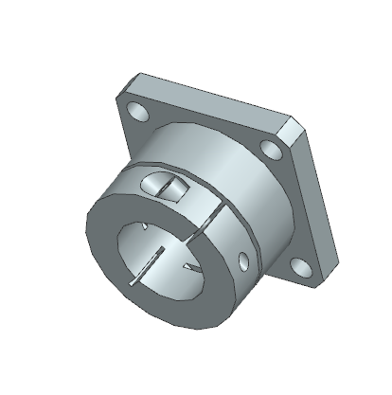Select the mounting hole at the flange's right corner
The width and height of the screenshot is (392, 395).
point(273,149)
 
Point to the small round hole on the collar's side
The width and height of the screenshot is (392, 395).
point(247,257)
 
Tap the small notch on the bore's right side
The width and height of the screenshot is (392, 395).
point(193,268)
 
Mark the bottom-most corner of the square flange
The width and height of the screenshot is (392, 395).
point(316,287)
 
